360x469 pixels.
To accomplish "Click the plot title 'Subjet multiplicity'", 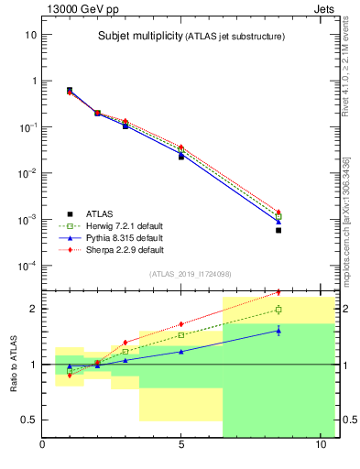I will tap(137, 37).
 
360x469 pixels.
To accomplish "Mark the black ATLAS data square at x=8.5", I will tap(278, 231).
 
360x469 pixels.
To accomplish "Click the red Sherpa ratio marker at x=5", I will tap(181, 323).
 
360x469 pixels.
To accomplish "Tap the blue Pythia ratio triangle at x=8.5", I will tap(278, 330).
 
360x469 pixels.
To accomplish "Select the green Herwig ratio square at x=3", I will tap(125, 352).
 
